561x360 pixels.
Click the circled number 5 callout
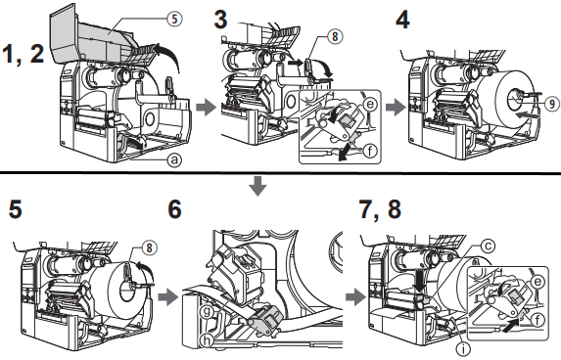(174, 19)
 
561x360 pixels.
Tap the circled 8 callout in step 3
(335, 36)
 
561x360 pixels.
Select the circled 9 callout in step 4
(553, 104)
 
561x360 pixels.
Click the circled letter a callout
(174, 159)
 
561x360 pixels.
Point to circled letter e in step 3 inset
(370, 104)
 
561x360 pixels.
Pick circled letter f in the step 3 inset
(370, 150)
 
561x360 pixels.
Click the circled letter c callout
(488, 246)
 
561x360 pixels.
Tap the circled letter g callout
(208, 312)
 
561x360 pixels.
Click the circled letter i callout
(464, 347)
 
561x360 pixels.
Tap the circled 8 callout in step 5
(149, 247)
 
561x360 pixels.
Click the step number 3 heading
(220, 20)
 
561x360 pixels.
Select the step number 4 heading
(402, 20)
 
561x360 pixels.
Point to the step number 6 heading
(174, 209)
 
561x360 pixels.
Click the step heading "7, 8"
(380, 209)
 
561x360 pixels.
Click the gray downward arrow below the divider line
(258, 186)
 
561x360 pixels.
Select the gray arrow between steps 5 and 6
(168, 297)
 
